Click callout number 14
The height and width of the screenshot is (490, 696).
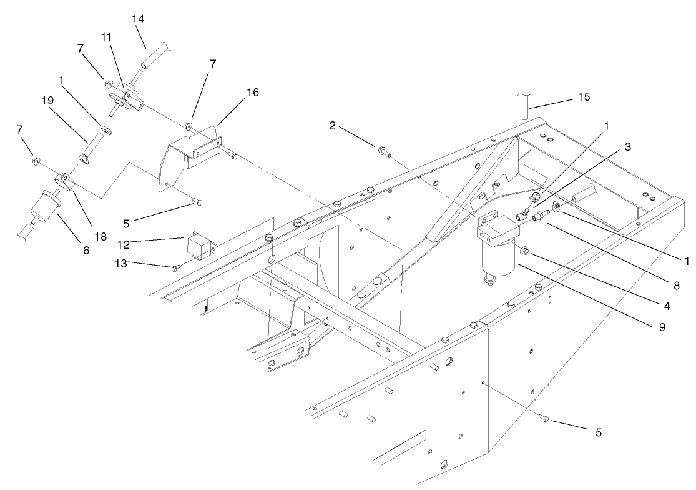138,19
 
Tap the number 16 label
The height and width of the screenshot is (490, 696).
252,92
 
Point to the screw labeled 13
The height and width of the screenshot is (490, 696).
175,268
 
